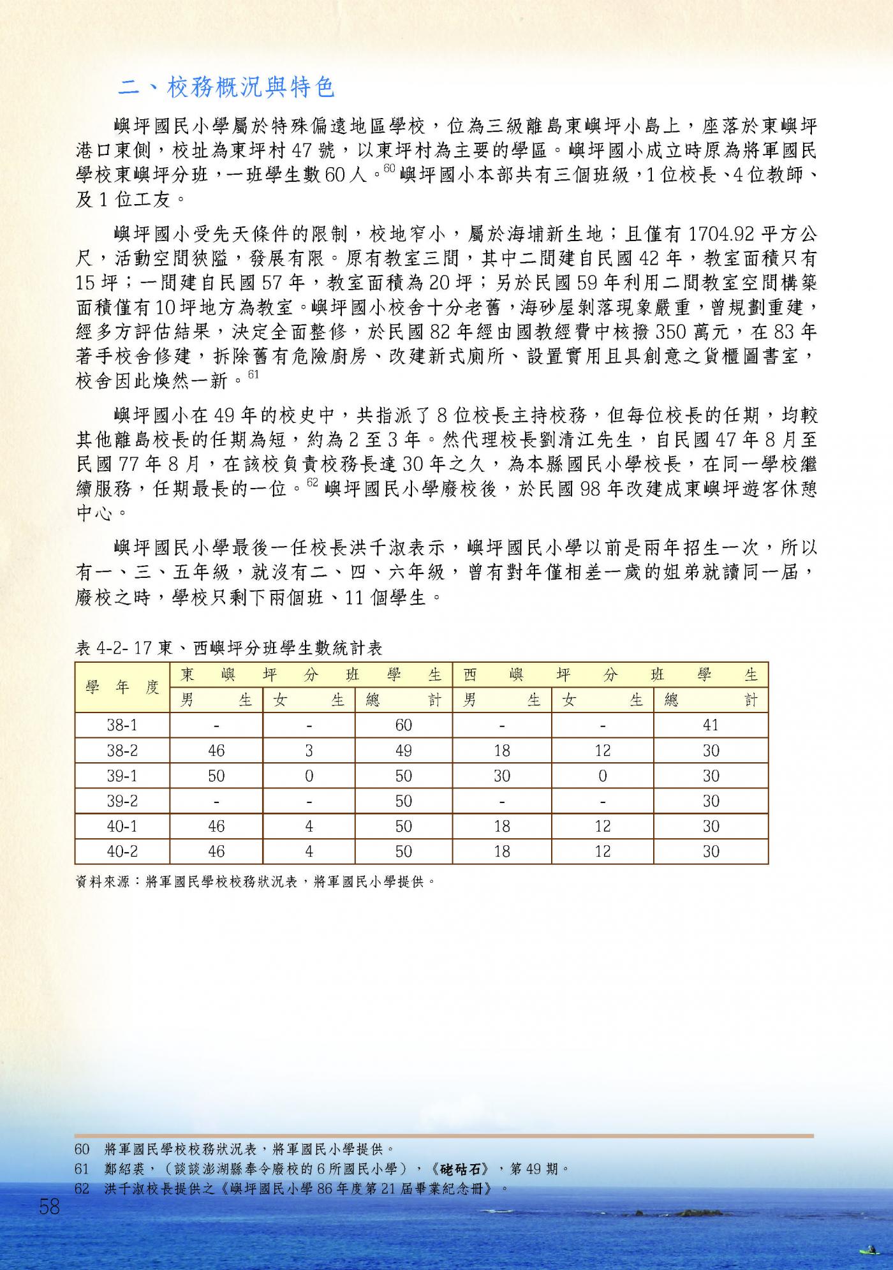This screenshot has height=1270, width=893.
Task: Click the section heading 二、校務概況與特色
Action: click(226, 87)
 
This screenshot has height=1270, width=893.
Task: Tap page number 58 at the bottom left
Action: click(49, 1206)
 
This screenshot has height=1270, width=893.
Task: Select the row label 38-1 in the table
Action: click(122, 725)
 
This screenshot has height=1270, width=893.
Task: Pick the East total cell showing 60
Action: click(403, 725)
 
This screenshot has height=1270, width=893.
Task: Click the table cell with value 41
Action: click(711, 725)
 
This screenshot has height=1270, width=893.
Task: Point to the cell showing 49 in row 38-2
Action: click(403, 750)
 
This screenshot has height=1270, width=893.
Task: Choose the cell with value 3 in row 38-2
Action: click(309, 750)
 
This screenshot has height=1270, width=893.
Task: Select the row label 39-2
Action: click(122, 801)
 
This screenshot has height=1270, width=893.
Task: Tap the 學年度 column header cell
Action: click(122, 688)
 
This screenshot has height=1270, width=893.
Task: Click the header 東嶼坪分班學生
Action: click(311, 675)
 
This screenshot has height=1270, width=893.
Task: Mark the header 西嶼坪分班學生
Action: click(610, 675)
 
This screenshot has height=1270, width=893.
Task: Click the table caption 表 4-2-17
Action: click(228, 649)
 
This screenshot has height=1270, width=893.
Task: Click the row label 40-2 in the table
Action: click(122, 851)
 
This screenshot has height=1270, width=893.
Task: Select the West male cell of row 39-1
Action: click(502, 776)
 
